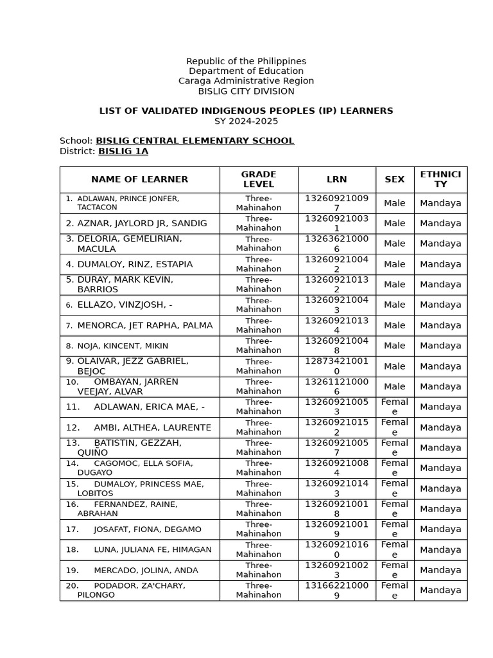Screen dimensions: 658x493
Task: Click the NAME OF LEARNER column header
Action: [139, 179]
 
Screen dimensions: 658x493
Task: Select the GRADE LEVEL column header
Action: [259, 179]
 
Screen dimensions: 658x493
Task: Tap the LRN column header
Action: [336, 179]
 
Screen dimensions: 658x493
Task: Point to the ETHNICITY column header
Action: [440, 179]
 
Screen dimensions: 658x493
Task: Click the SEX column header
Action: [394, 179]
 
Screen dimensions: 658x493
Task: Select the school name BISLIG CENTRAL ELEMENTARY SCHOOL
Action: [195, 141]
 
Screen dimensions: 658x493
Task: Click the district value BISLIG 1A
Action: [123, 151]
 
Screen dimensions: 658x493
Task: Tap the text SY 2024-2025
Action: [246, 121]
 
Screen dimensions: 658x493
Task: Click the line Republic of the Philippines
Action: [246, 61]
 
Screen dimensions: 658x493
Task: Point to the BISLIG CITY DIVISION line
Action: [246, 91]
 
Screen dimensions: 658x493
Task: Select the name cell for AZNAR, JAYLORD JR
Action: [142, 223]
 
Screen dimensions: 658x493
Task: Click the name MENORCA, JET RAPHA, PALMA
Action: [144, 325]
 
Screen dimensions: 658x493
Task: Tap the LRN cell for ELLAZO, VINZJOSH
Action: [336, 305]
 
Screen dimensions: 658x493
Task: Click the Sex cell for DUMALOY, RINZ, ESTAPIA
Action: [394, 264]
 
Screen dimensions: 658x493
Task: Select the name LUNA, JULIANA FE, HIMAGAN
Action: [152, 549]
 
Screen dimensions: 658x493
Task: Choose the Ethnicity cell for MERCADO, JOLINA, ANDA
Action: [440, 570]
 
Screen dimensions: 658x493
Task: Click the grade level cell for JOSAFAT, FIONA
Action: [259, 529]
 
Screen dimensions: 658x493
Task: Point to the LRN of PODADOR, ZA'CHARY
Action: [336, 591]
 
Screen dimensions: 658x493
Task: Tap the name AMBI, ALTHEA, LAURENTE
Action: [152, 427]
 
